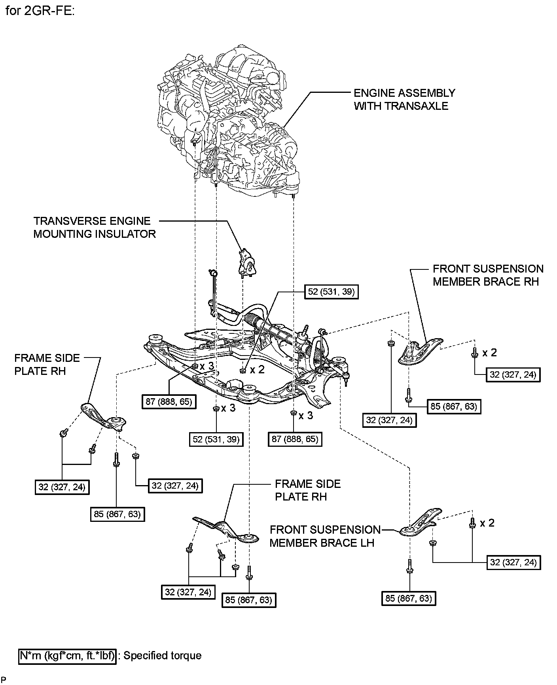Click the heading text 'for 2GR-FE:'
coord(40,11)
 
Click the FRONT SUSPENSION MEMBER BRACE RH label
coord(487,275)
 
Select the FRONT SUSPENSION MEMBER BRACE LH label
coord(324,536)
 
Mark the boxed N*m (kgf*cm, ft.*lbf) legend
coord(68,656)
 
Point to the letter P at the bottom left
coord(4,679)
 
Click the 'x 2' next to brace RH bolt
coord(489,353)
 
